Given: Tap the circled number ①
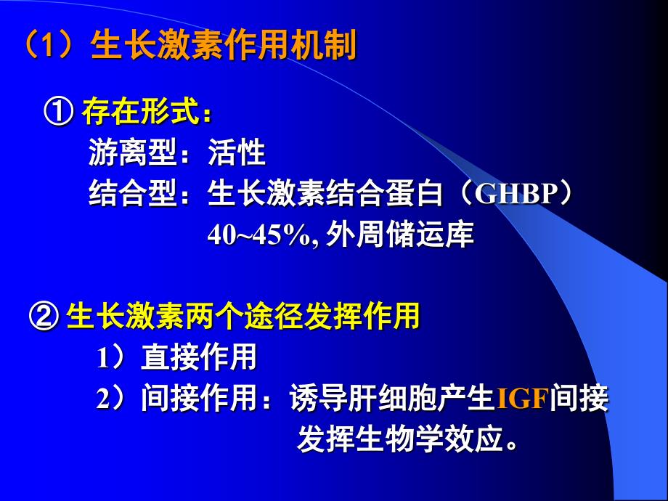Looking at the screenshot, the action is [x=59, y=112].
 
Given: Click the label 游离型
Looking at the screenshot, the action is [x=133, y=152].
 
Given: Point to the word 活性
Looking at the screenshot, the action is [x=237, y=152].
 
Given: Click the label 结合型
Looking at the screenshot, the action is [x=133, y=193].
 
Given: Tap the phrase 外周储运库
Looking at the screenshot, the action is [x=399, y=234].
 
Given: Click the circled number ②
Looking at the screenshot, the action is [x=44, y=317].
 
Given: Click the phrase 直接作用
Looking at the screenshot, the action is [x=198, y=357].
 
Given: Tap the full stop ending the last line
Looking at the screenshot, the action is [x=510, y=446].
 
